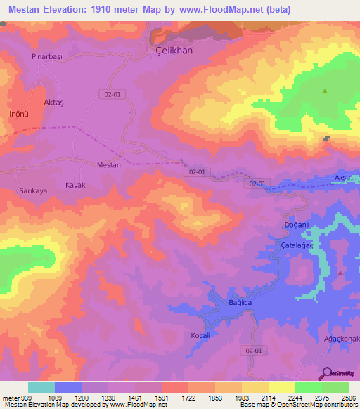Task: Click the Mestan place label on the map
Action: pos(108,165)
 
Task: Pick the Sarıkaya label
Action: pos(33,190)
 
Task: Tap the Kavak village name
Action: pos(75,185)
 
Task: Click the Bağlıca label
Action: pos(240,302)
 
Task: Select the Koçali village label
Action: pos(202,335)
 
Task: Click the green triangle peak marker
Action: pos(325,91)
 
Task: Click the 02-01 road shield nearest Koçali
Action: pos(255,350)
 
